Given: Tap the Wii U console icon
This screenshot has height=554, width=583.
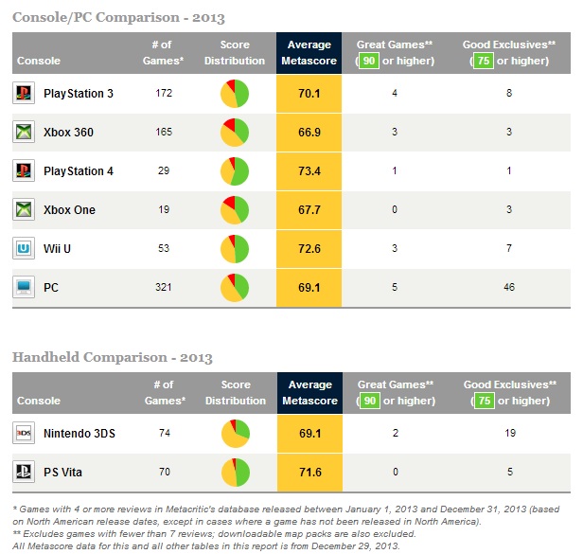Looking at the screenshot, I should pyautogui.click(x=24, y=249).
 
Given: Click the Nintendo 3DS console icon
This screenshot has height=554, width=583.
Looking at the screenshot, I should pyautogui.click(x=24, y=434).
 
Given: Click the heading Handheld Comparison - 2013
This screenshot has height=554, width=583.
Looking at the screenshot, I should pyautogui.click(x=112, y=357).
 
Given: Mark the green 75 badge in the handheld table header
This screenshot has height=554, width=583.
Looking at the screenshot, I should pyautogui.click(x=483, y=401).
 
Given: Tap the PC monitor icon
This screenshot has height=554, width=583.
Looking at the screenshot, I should pyautogui.click(x=24, y=288).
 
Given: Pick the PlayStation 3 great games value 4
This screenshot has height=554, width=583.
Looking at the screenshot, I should pyautogui.click(x=394, y=94).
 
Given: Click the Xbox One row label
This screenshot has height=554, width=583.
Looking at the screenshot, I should pyautogui.click(x=69, y=210).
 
